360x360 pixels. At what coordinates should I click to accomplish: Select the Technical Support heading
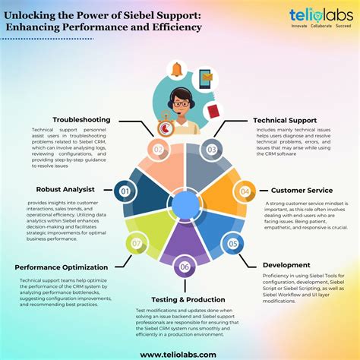(x=285, y=120)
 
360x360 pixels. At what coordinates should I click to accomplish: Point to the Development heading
(x=287, y=264)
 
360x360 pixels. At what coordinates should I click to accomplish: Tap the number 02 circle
(x=157, y=149)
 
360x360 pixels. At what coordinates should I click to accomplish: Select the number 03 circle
(x=212, y=149)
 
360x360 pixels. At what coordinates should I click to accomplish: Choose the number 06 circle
(x=185, y=267)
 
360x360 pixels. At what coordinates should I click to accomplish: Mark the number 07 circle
(x=137, y=244)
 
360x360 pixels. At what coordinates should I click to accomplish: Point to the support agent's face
(x=180, y=103)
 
